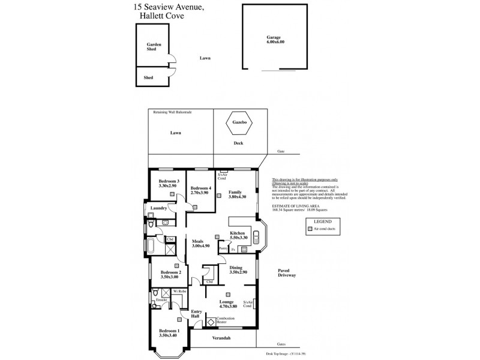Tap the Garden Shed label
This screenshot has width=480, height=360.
click(x=154, y=47)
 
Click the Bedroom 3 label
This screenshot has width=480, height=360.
click(x=169, y=184)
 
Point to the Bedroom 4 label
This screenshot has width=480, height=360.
click(x=200, y=191)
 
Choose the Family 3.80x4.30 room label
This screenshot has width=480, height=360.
click(x=238, y=194)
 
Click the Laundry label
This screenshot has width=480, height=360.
click(x=158, y=208)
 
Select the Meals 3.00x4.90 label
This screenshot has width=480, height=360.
click(x=200, y=243)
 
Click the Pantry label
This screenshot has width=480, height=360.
click(x=222, y=248)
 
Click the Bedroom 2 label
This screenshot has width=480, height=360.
click(x=170, y=275)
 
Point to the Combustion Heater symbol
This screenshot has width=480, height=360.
click(x=211, y=322)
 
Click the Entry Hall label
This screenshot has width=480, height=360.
click(x=196, y=314)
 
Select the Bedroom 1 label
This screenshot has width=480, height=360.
click(x=169, y=333)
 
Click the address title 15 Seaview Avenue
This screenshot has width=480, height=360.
click(x=169, y=7)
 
